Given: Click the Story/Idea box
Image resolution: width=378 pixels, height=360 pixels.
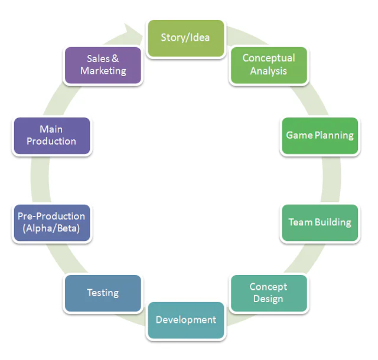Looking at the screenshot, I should click(185, 38).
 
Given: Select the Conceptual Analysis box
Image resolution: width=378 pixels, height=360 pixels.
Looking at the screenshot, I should click(268, 65).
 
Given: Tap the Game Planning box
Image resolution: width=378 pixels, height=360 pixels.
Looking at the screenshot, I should click(320, 136).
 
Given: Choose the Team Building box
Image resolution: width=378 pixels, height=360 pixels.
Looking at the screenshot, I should click(320, 222).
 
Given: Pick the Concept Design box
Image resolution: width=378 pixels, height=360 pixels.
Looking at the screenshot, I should click(268, 293).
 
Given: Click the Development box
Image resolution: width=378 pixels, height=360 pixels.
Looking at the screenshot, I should click(185, 320).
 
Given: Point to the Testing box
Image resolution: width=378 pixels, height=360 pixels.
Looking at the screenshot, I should click(103, 293).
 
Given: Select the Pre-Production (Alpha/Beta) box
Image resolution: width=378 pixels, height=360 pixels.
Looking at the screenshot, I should click(51, 222).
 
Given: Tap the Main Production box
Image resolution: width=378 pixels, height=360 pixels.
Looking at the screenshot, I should click(51, 136).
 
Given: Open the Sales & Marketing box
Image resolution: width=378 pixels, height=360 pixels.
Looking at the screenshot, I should click(103, 65).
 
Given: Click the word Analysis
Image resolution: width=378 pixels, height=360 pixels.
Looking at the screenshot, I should click(268, 71).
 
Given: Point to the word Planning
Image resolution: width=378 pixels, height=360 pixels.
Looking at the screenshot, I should click(334, 136).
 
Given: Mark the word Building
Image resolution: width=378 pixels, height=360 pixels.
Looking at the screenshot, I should click(333, 222).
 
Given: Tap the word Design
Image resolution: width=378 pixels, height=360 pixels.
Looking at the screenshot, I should click(268, 299).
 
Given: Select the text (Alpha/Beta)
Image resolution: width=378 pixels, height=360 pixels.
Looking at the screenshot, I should click(51, 229).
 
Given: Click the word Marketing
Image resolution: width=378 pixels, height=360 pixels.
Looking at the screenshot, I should click(103, 71).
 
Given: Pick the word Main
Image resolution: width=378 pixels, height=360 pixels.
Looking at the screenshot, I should click(51, 129).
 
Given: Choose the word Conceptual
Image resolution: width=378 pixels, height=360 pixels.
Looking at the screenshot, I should click(268, 58).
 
